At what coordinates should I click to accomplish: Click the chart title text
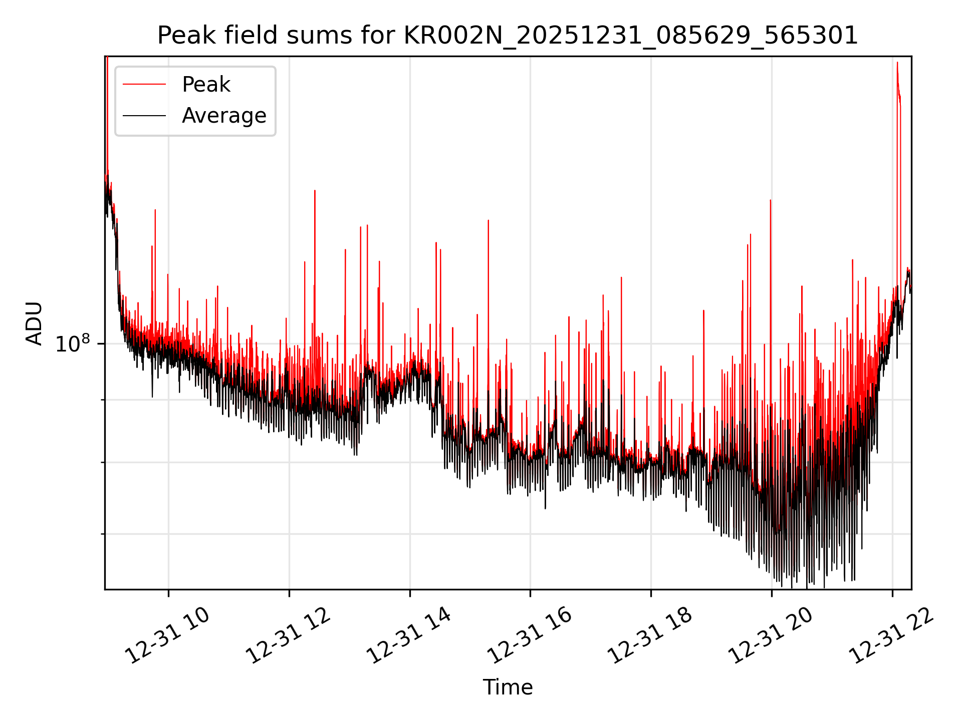(x=508, y=36)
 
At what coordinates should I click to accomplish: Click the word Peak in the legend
(x=206, y=85)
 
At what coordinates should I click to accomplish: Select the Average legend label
(x=224, y=116)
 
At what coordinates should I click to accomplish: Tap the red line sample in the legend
(x=144, y=85)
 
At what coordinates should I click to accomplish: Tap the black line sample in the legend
(x=144, y=116)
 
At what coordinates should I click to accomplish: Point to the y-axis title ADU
(x=34, y=323)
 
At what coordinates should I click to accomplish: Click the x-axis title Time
(x=508, y=687)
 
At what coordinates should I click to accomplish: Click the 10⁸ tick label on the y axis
(x=72, y=344)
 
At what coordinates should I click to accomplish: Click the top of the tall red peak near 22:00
(x=897, y=63)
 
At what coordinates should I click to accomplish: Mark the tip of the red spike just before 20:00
(x=770, y=200)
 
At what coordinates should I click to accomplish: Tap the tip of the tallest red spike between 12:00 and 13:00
(x=315, y=191)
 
